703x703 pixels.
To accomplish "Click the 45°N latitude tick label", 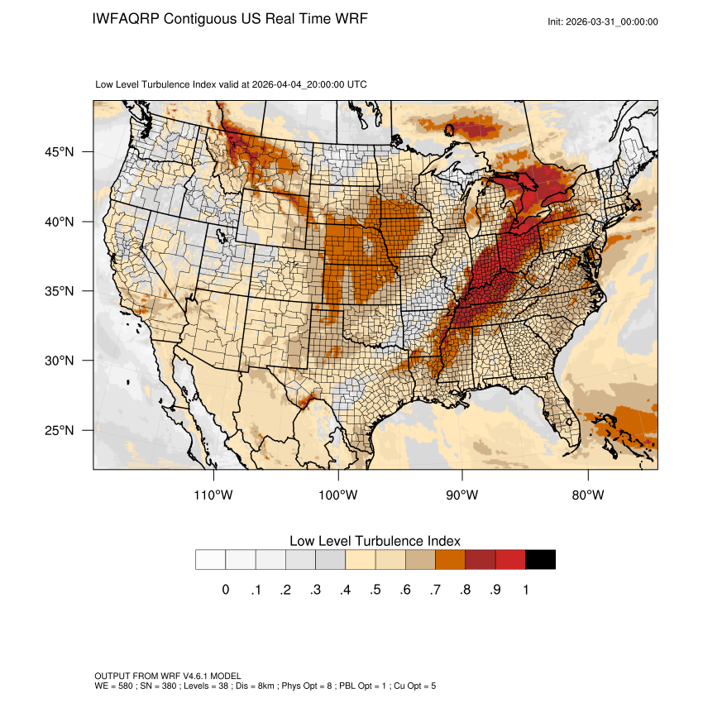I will (60, 152).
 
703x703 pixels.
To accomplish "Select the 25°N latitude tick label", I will (60, 430).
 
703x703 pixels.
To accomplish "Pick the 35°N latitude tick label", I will (60, 291).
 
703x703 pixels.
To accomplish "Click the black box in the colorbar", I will (540, 560).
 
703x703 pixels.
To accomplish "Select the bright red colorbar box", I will (510, 560).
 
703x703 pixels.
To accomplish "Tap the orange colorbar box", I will (451, 560).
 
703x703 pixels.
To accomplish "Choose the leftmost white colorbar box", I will (210, 560).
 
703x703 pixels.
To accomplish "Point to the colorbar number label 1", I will (525, 590).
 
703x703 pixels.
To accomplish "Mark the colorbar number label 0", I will (225, 590).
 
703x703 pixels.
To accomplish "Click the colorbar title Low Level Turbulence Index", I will (375, 541).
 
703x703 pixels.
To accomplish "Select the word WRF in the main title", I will (348, 19).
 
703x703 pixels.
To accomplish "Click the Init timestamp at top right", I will (603, 22).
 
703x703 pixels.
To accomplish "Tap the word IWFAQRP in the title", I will (126, 19).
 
